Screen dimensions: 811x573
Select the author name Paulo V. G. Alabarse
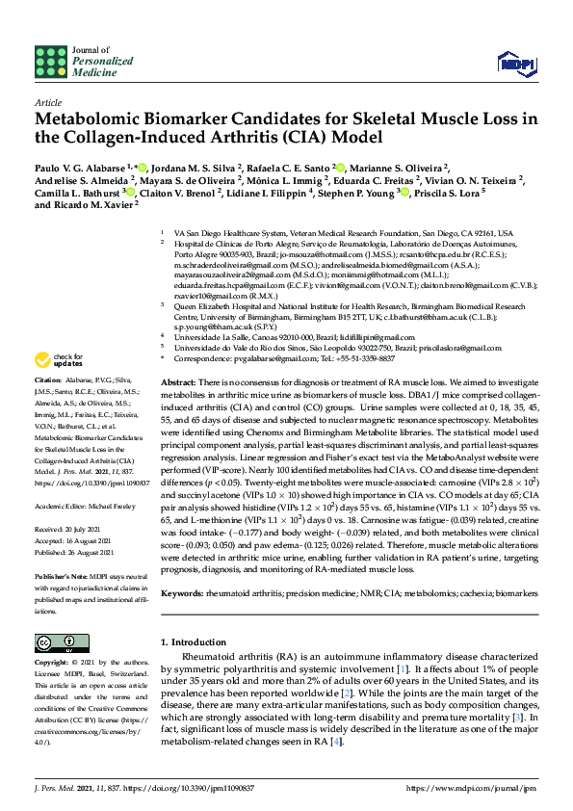[84, 167]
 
